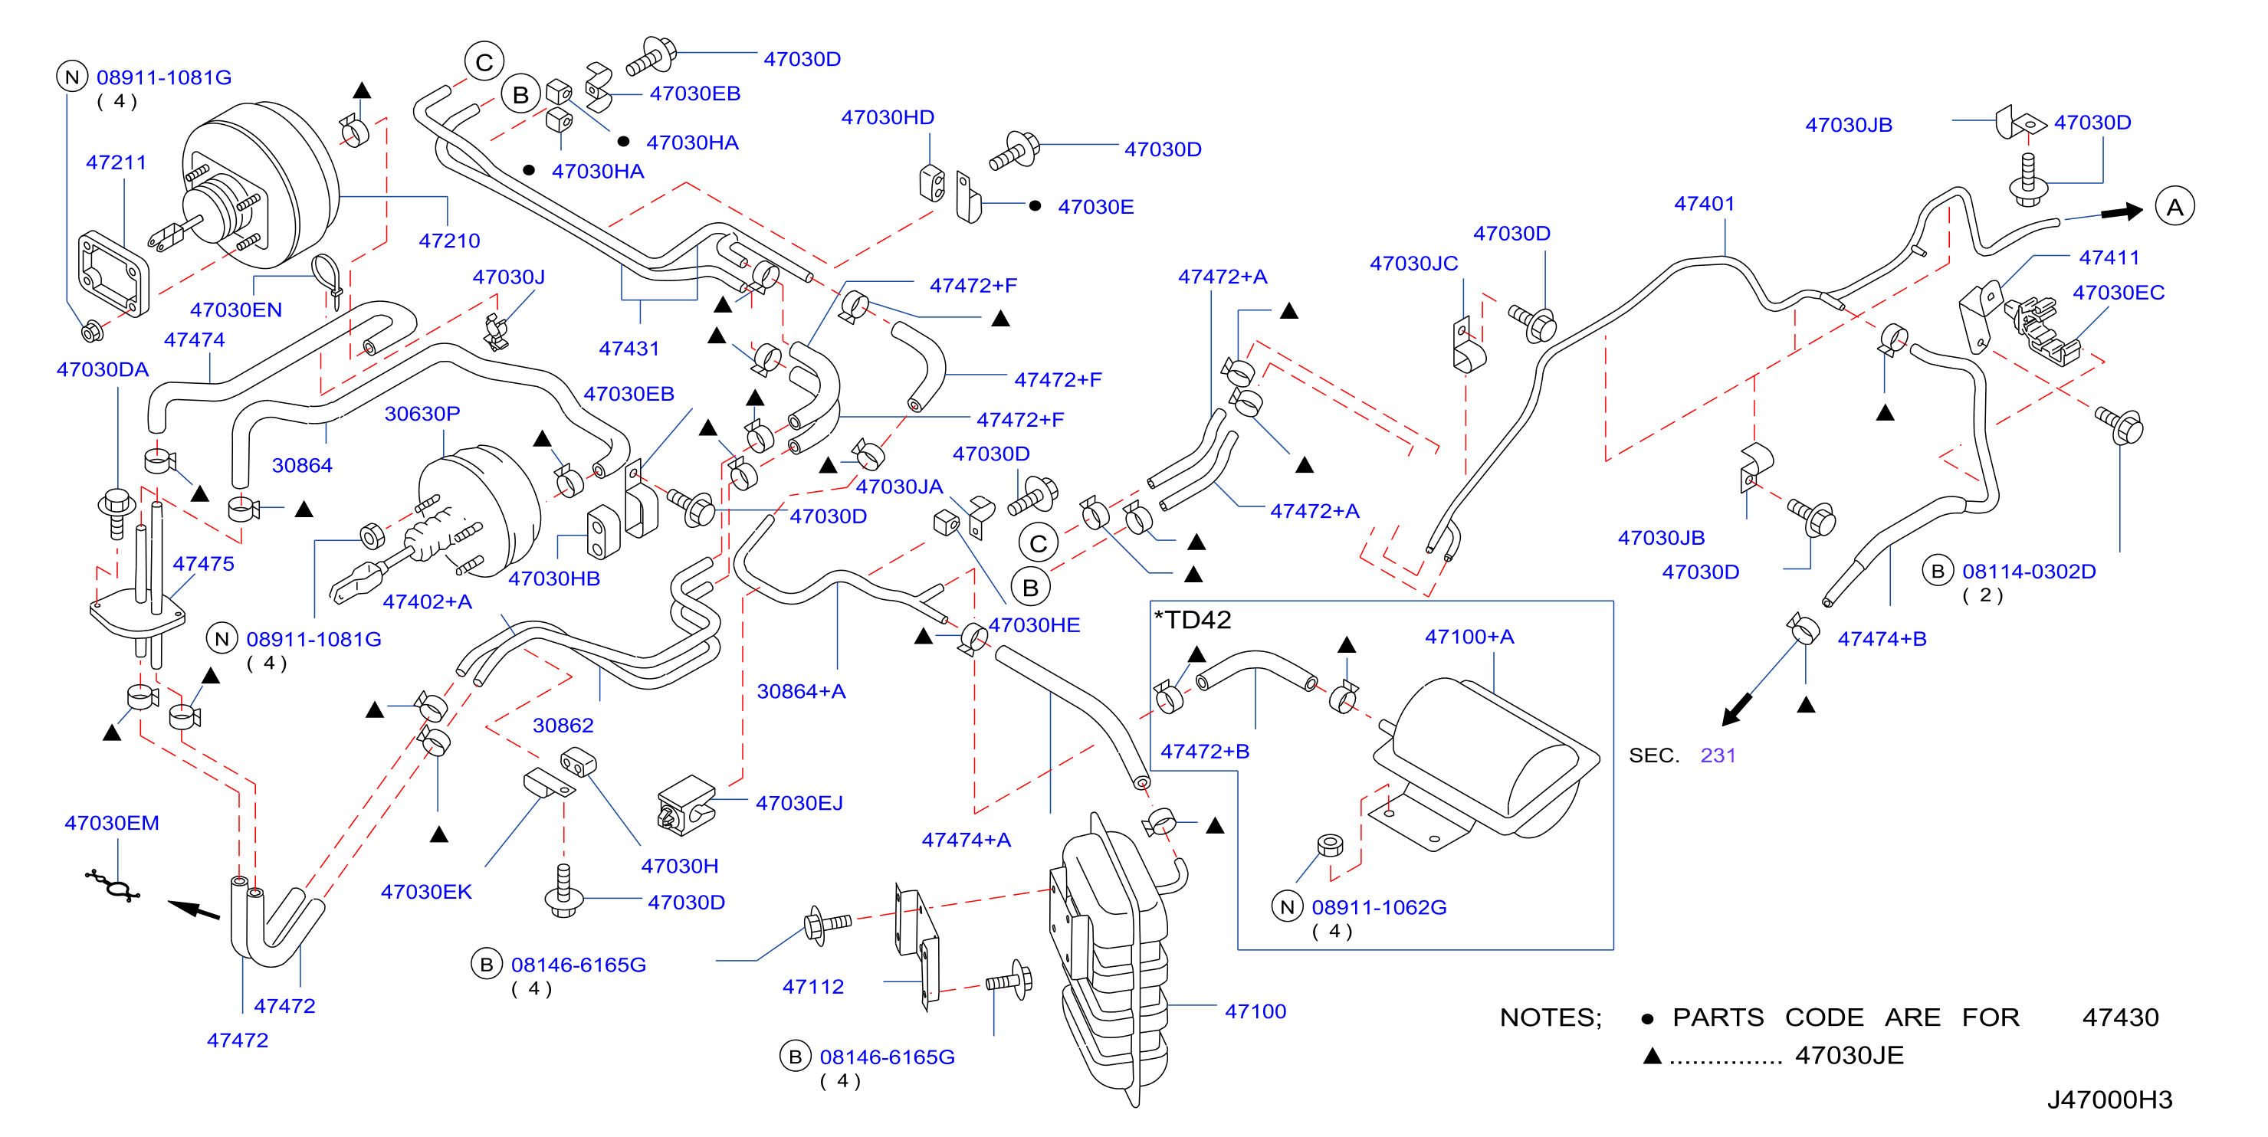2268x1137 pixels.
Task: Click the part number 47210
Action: coord(449,241)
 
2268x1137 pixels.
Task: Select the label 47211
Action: coord(117,162)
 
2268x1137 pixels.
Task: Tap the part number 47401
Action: coord(1704,203)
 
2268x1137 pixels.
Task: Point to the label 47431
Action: coord(629,349)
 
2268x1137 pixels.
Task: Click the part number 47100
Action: coord(1255,1011)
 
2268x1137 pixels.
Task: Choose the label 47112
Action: coord(812,987)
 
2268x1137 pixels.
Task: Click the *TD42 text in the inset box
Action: coord(1192,620)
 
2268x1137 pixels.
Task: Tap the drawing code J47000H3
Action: coord(2109,1099)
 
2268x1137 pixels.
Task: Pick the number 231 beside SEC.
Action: coord(1717,755)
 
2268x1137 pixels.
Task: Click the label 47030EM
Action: coord(112,823)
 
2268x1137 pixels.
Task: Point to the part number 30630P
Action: coord(422,414)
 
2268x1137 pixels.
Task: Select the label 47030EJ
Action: coord(799,803)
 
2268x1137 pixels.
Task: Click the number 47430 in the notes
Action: coord(2119,1017)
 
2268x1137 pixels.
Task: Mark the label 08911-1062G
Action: coord(1378,907)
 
